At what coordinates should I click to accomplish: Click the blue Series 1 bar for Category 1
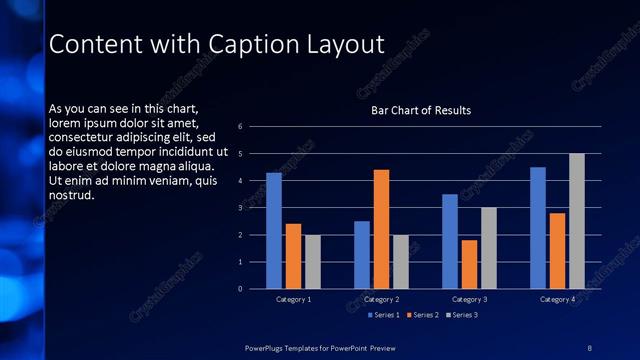(274, 231)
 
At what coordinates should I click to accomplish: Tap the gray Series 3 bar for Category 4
(577, 221)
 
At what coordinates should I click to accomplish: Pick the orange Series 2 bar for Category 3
(469, 264)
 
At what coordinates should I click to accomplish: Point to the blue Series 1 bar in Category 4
(538, 228)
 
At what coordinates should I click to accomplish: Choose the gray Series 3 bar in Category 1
(313, 262)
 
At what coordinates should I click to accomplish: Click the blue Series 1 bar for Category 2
(362, 255)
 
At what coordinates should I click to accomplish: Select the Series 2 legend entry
(422, 315)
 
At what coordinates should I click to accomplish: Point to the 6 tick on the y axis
(241, 127)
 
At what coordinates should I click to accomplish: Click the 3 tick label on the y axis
(241, 208)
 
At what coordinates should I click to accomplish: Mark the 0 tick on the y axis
(241, 289)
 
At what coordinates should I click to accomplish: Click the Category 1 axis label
(294, 299)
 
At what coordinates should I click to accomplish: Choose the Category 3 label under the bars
(469, 299)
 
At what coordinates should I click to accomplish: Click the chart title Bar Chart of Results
(421, 110)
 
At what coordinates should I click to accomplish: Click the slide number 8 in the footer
(589, 346)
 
